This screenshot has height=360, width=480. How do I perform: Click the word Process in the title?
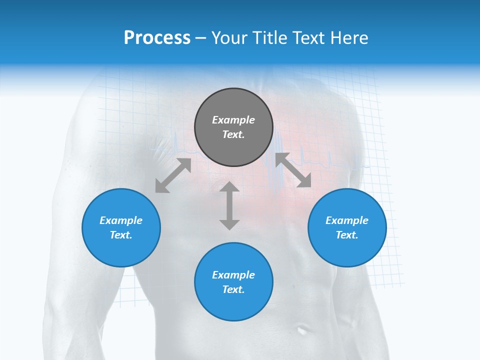tap(157, 38)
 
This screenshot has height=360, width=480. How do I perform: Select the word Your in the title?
tap(228, 38)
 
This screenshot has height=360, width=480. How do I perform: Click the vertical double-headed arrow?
tap(229, 205)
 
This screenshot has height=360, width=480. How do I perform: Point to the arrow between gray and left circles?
tap(173, 175)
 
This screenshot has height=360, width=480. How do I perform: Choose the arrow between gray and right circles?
tap(293, 170)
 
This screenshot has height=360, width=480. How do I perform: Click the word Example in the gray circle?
tap(233, 120)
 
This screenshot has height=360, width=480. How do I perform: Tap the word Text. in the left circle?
tap(121, 235)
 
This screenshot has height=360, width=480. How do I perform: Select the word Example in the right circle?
tap(347, 220)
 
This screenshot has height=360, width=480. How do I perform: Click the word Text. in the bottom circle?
tap(233, 289)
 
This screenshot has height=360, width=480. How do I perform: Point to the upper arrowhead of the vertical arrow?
tap(229, 187)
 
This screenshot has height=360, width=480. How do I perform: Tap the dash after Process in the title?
tap(201, 38)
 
